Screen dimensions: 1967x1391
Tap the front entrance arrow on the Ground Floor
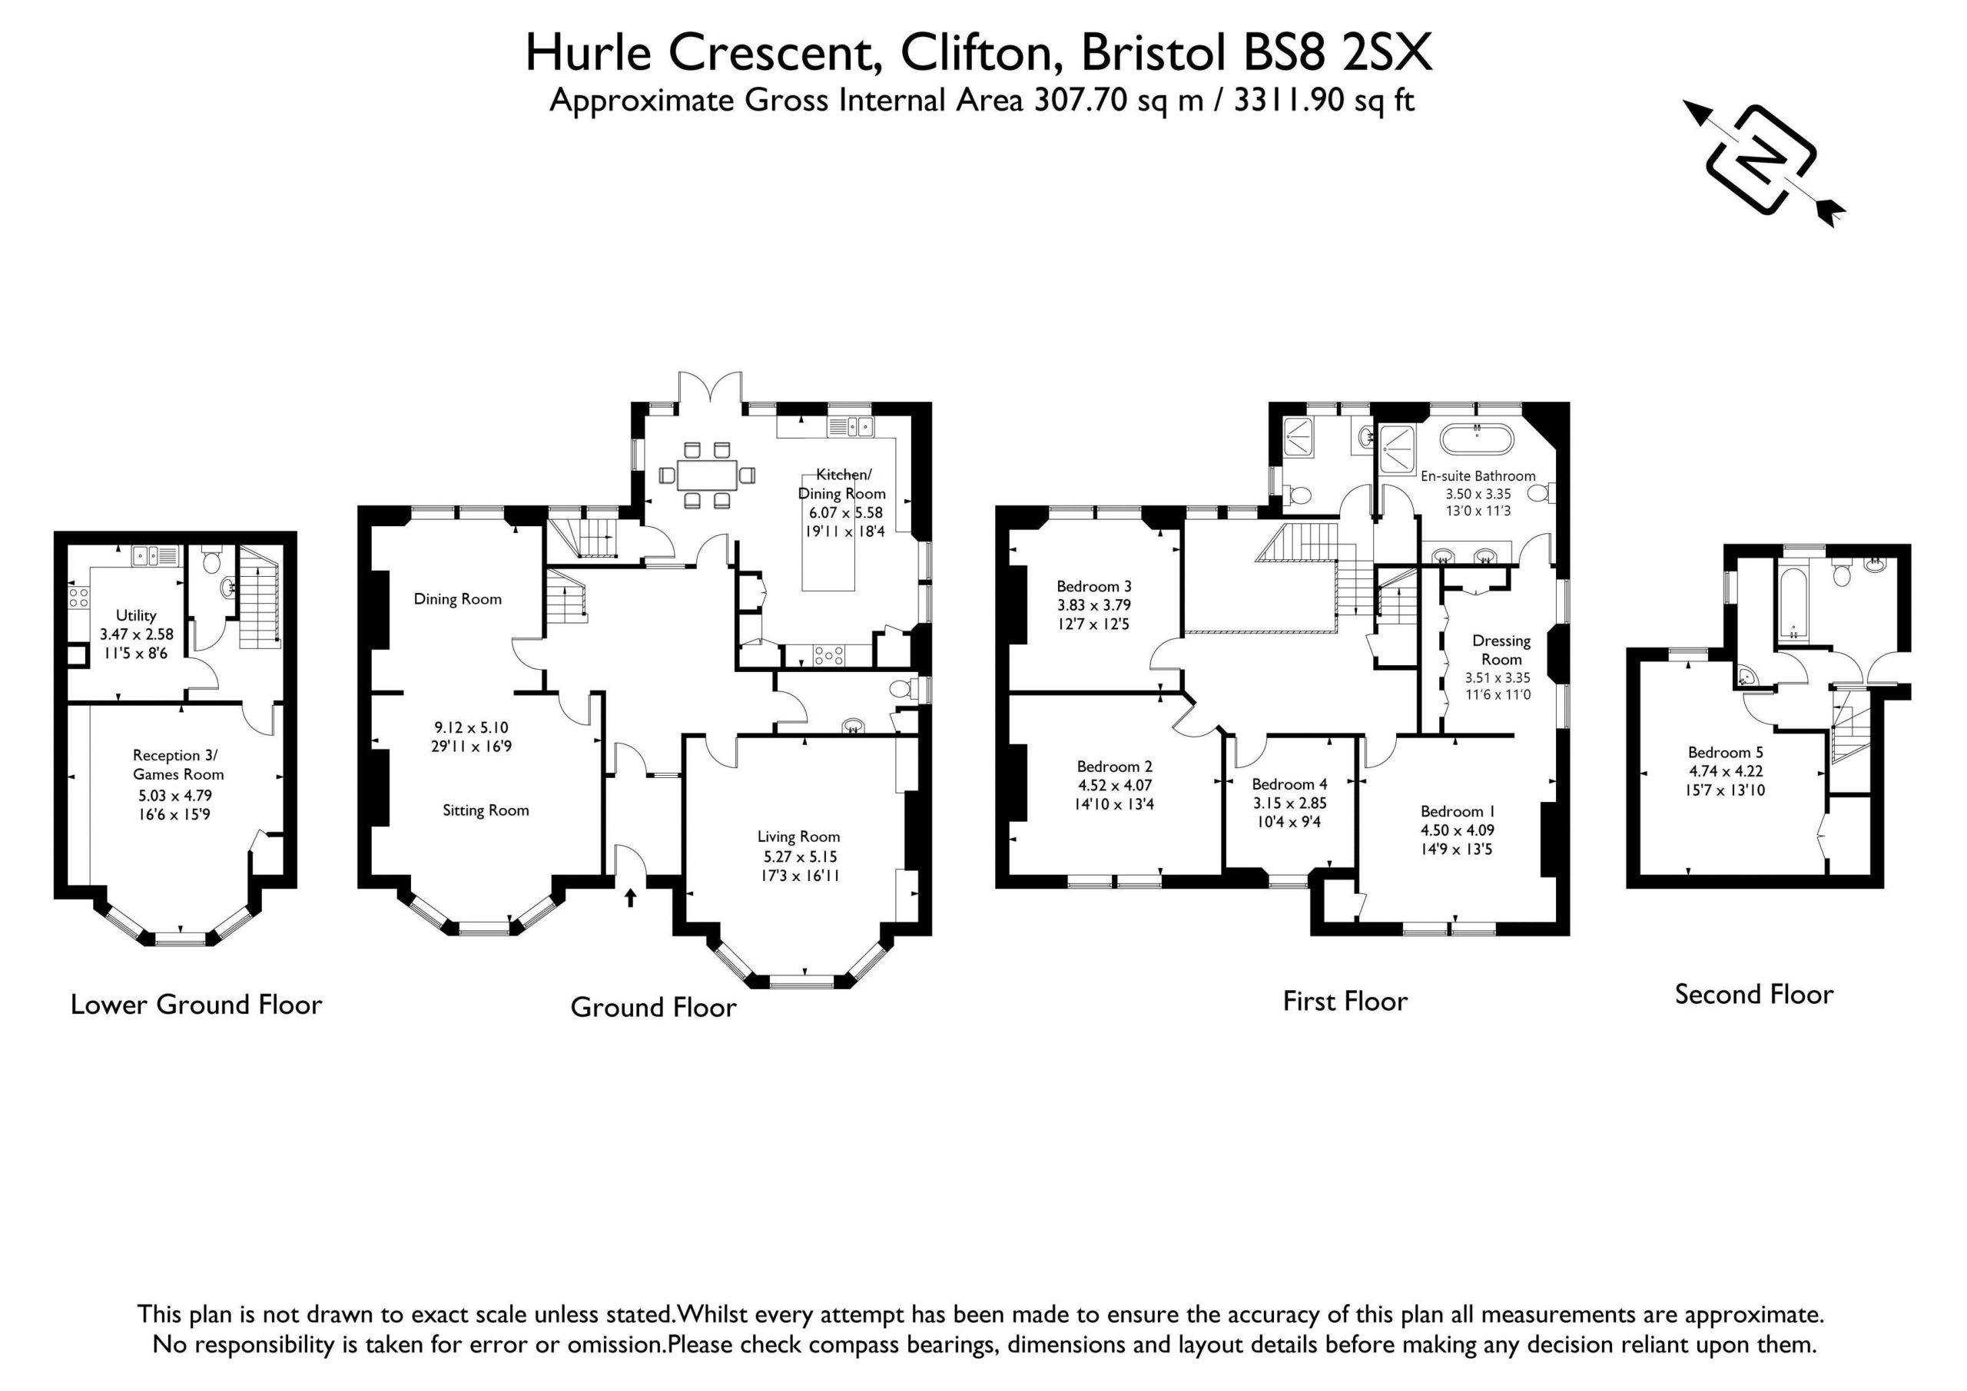631,897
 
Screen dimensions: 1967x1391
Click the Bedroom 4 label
1289,783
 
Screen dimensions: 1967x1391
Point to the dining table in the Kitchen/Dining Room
707,475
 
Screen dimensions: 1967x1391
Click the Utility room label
136,615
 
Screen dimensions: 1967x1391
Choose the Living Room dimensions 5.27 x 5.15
800,856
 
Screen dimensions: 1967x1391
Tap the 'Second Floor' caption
1753,995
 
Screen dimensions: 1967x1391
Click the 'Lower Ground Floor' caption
196,1004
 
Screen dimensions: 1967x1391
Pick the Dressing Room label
1501,649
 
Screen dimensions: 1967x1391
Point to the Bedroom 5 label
1726,752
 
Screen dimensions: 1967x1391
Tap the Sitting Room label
486,810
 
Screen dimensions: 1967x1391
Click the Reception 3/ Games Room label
178,764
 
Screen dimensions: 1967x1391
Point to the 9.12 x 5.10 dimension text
471,727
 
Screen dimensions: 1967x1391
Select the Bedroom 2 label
1115,766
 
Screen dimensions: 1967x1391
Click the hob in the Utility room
79,597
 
